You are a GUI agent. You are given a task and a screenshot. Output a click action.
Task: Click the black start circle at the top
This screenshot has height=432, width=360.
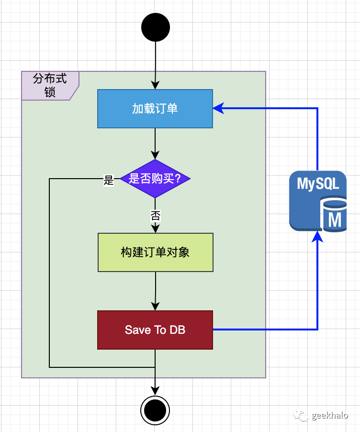coord(156,27)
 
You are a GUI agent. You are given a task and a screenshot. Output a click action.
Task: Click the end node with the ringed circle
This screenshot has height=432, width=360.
coord(155,410)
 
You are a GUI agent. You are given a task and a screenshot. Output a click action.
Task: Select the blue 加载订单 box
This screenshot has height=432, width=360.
coord(155,109)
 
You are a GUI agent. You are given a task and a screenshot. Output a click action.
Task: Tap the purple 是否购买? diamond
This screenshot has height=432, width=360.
coord(155,179)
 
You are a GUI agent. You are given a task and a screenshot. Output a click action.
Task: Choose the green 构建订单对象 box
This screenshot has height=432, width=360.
coord(155,252)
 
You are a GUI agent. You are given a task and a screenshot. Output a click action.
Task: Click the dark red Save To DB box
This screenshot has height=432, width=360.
coord(155,330)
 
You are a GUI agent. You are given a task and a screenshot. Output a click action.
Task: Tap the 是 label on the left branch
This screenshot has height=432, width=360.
coord(109,181)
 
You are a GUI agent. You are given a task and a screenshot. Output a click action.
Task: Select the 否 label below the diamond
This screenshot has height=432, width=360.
coord(155,216)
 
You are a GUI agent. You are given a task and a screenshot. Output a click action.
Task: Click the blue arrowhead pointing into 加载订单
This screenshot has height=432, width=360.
coord(218,109)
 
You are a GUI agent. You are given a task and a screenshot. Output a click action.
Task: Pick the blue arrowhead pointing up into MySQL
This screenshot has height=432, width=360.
coord(317,236)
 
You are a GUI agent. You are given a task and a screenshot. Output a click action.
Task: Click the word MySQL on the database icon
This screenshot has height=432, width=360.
coord(318,184)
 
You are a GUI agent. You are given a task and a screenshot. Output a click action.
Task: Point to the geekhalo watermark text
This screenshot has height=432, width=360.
coord(330,415)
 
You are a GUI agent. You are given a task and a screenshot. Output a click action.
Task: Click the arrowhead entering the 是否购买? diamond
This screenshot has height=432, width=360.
coord(155,155)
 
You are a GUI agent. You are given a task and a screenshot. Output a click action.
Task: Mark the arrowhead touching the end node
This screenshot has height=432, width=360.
coord(155,391)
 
